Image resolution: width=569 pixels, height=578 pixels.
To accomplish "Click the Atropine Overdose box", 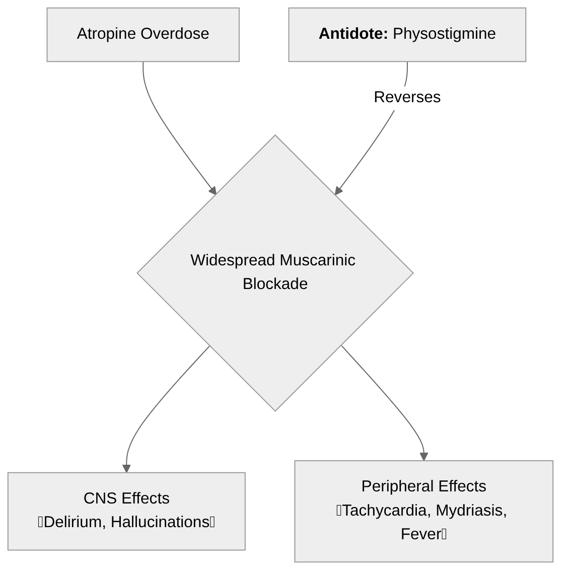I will point(143,35).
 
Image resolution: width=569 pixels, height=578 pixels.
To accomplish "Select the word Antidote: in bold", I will point(353,34).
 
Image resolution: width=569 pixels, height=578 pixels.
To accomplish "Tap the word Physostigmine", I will point(444,34).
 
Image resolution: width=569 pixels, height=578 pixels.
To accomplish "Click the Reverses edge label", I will point(407,97).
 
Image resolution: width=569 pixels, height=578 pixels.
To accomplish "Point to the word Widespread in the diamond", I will point(233,260).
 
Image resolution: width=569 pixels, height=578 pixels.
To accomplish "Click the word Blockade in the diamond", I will point(275,284).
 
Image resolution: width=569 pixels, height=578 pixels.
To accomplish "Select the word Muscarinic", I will point(317,260).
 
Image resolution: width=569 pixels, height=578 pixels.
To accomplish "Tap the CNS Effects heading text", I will point(126,498).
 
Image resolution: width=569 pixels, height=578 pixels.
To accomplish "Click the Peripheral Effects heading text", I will point(423,486).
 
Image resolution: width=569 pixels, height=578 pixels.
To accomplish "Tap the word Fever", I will point(421,534).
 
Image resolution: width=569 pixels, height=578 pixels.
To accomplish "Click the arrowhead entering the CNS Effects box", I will point(126,468).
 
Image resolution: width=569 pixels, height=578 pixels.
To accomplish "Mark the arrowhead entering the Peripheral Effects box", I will point(423,456).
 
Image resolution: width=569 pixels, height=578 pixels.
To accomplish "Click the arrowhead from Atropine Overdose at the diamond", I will point(213,190).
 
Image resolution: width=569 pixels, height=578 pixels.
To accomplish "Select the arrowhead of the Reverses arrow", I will point(338,190).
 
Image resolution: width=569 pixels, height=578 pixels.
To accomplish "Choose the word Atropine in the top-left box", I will point(107,34).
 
